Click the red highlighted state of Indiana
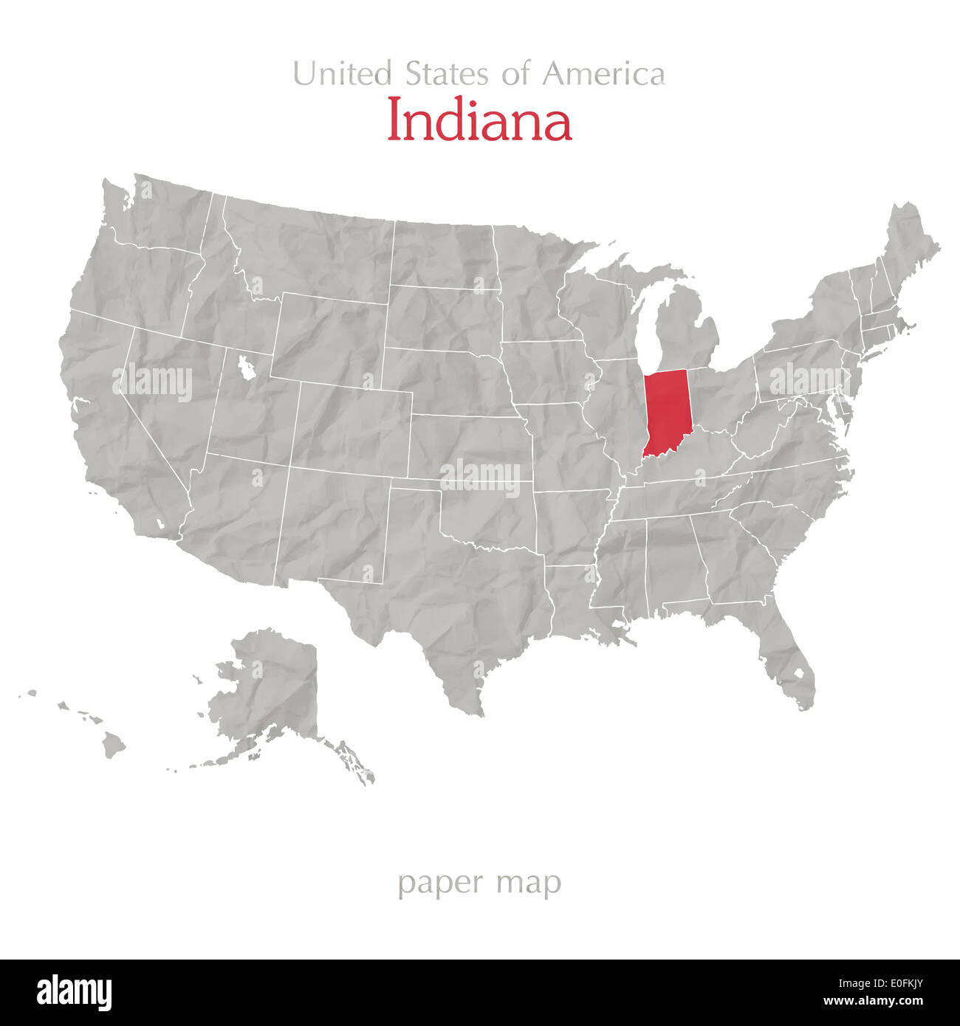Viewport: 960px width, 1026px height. point(666,413)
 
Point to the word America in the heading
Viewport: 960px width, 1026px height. point(603,74)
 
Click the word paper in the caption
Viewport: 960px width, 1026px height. point(440,883)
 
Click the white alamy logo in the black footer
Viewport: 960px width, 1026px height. point(74,993)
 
